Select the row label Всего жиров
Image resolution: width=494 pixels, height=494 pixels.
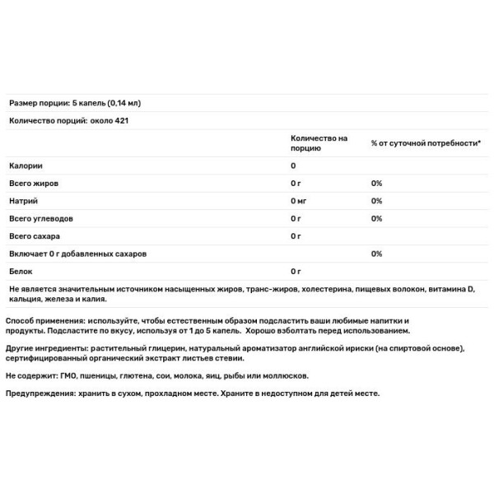[33, 183]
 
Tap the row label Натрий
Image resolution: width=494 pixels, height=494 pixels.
[23, 201]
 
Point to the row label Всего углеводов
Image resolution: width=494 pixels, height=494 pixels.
[41, 218]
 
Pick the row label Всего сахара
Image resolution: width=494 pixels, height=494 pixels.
[35, 236]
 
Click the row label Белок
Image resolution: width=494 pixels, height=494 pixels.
[20, 271]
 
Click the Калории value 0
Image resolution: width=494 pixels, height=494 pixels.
[293, 165]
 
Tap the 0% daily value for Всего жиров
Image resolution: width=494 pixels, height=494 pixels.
[376, 183]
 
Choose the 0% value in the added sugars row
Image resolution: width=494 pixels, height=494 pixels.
[376, 254]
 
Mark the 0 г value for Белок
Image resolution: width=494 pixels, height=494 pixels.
[296, 271]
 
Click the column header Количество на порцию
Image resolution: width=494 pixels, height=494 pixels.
[319, 143]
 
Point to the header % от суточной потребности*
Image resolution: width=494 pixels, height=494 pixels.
[425, 143]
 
